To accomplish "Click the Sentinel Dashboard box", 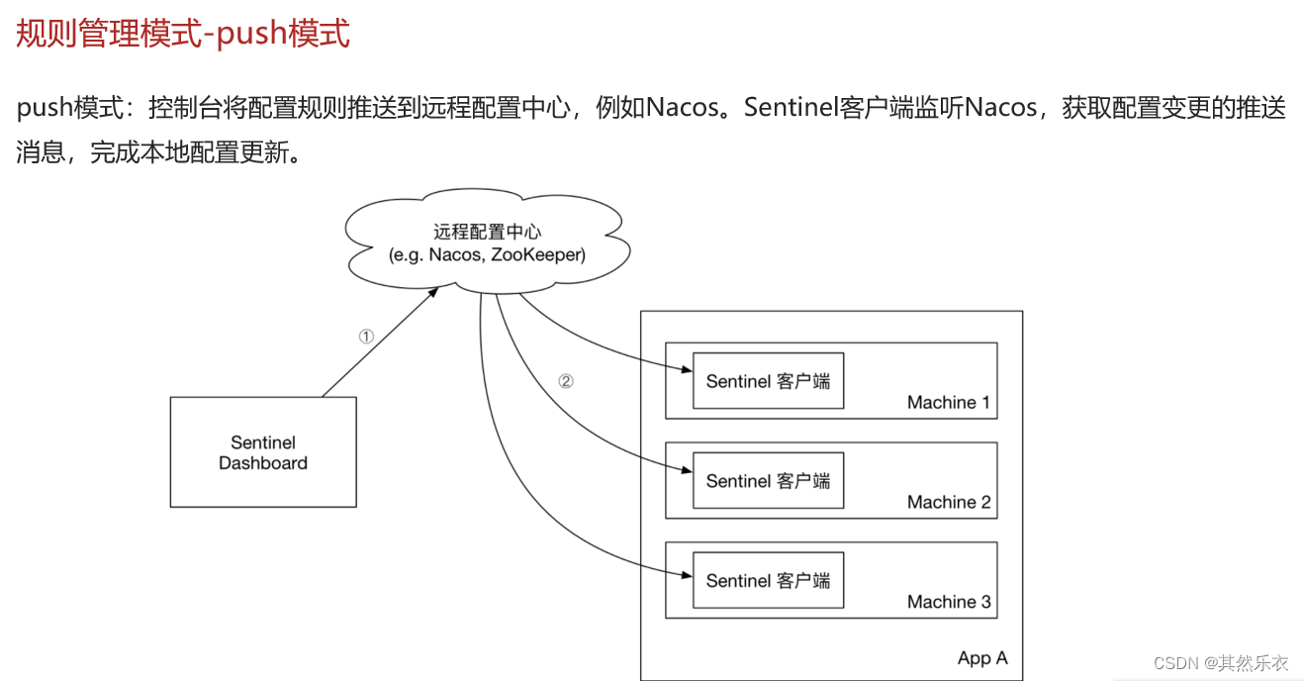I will (262, 452).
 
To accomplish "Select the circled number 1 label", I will (366, 337).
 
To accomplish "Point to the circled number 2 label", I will (565, 381).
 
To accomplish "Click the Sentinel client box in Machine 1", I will (768, 381).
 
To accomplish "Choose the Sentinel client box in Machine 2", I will (768, 481).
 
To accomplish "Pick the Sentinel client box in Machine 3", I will (768, 581).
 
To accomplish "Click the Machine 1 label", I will (948, 403).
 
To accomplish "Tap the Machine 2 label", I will (948, 503).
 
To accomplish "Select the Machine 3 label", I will (948, 602).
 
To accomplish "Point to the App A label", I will (982, 658).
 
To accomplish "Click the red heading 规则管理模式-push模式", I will (183, 34).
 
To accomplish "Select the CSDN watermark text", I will (1221, 663).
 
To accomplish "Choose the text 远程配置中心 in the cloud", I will (487, 233).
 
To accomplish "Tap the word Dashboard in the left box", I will (262, 463).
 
